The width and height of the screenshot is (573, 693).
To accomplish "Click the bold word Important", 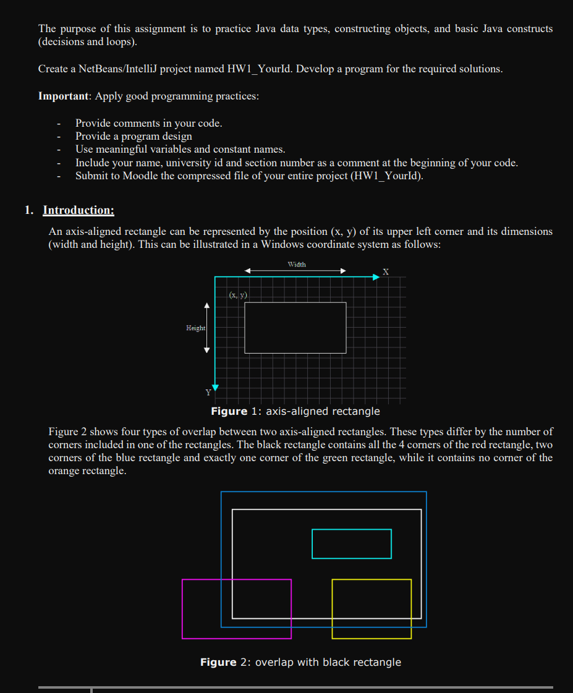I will click(64, 96).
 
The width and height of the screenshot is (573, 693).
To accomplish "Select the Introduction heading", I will click(78, 210).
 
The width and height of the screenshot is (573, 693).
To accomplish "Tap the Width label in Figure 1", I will click(297, 264).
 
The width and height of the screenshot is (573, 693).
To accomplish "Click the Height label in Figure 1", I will click(195, 328).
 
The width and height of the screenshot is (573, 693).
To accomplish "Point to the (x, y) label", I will click(238, 295).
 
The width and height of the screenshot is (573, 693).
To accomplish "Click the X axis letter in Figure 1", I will click(386, 271).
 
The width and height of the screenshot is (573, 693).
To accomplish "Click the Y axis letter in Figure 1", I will click(208, 392).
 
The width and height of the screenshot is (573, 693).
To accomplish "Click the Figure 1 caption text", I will click(295, 411).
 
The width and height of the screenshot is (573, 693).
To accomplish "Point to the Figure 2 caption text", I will click(300, 662).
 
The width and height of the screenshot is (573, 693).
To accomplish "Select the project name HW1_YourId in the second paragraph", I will click(260, 69).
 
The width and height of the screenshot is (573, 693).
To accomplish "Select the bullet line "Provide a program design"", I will click(134, 136).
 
